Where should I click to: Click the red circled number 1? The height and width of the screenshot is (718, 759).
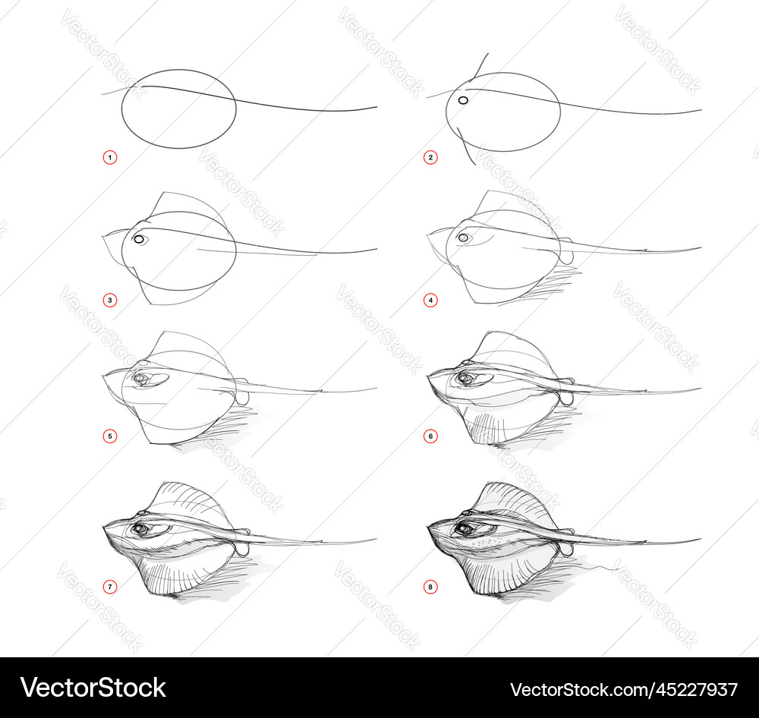[110, 158]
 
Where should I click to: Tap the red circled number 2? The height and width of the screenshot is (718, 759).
[430, 158]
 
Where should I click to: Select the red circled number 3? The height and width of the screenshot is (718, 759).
[110, 301]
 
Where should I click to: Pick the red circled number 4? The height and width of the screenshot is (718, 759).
[430, 301]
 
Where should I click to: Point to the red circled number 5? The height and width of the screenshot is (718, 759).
[110, 436]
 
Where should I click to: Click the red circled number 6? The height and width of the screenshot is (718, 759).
[430, 436]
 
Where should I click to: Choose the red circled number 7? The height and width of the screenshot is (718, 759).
[110, 587]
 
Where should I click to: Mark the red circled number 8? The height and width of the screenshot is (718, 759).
[430, 587]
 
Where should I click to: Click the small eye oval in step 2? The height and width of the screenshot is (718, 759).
[462, 100]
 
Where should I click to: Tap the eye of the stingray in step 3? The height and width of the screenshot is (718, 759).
[139, 240]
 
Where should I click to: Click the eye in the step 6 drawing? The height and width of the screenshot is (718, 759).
[465, 377]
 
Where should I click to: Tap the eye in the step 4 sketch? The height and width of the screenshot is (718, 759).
[463, 238]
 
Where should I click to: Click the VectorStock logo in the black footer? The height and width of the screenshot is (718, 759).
[93, 688]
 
